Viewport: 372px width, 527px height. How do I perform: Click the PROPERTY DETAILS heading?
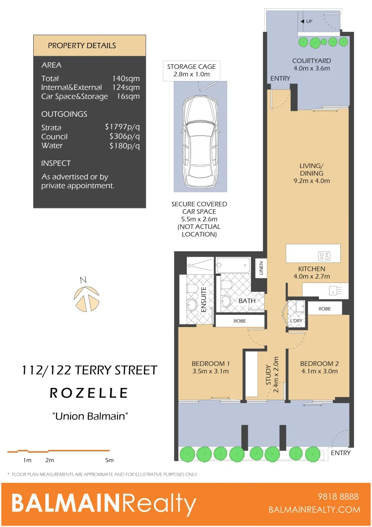pos(82,45)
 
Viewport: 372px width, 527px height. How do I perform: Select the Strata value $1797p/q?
pos(122,127)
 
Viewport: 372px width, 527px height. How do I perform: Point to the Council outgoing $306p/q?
pos(125,137)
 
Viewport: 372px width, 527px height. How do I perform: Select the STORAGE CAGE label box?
pos(192,70)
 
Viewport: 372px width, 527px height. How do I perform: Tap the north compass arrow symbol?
pos(86,297)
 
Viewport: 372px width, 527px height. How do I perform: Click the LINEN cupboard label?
pos(261,268)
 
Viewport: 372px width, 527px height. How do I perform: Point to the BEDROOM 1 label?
pos(210,364)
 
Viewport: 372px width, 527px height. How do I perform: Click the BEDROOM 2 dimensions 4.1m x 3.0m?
pos(319,371)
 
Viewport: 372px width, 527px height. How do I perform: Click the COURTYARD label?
pos(312,61)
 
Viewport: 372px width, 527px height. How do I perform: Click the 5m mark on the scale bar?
pos(109,460)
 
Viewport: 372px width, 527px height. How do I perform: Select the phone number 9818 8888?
pos(337,497)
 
